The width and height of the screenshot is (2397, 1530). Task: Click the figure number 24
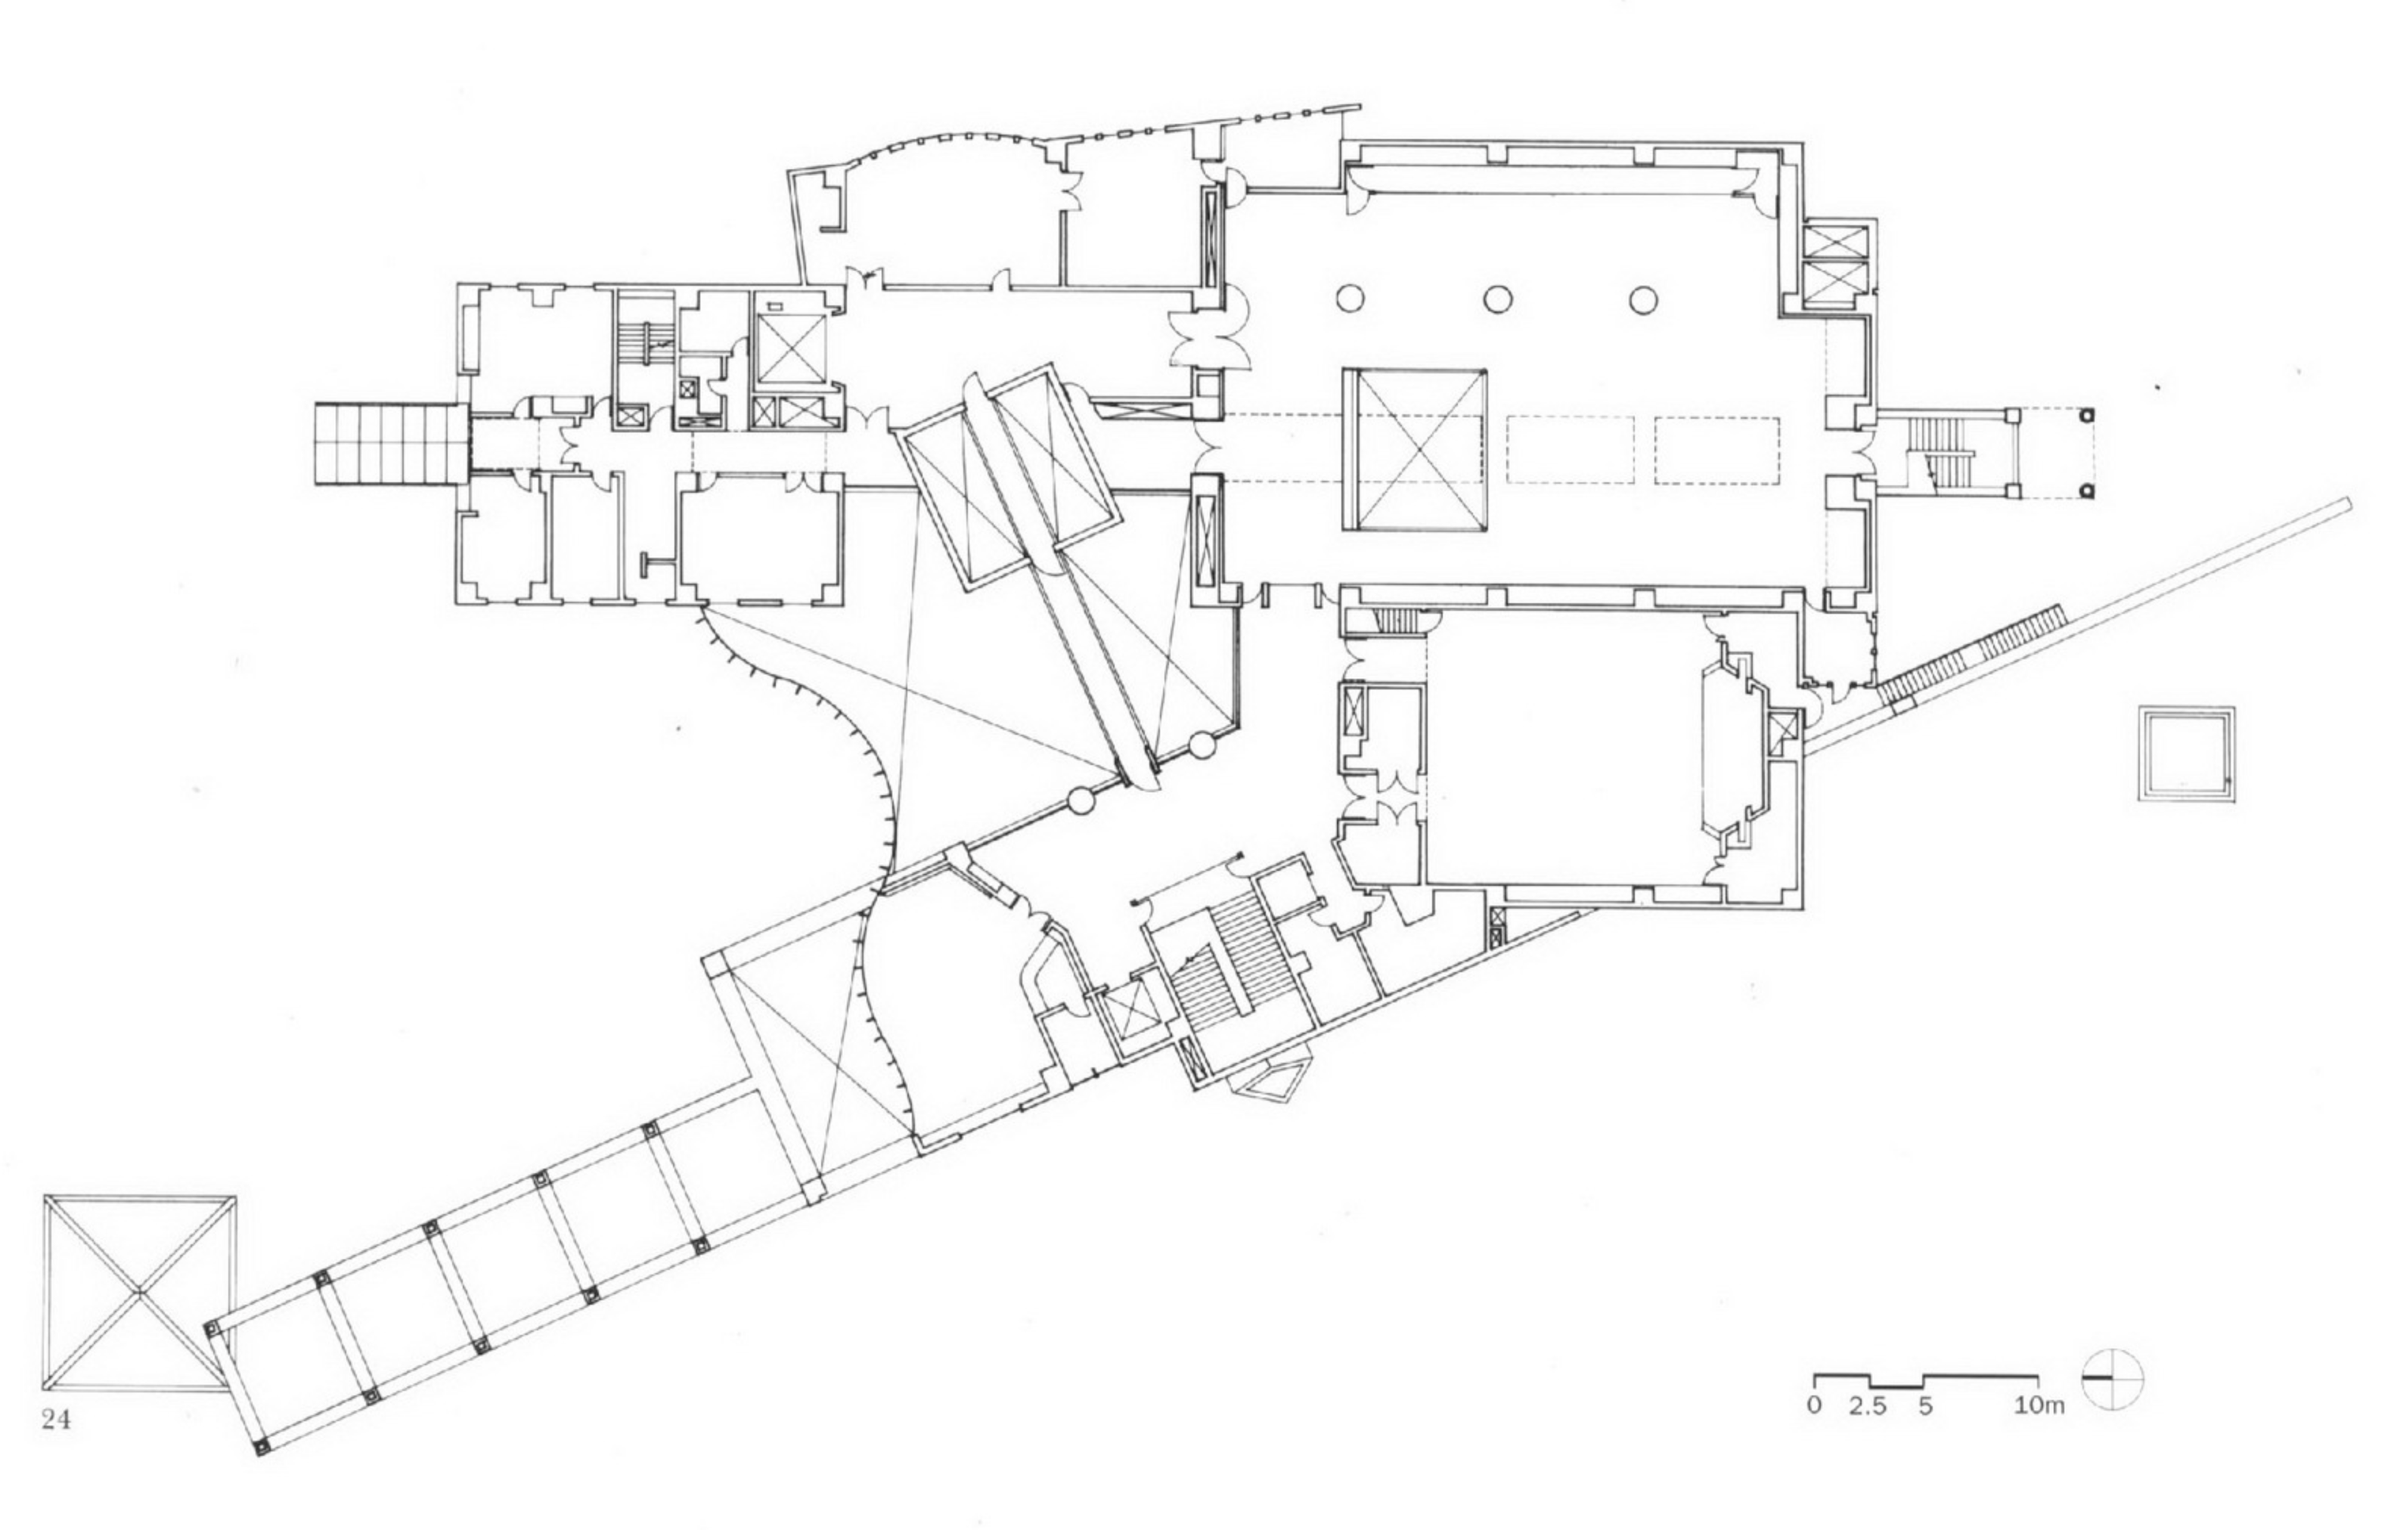57,1420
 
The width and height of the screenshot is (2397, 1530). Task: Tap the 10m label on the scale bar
2038,1405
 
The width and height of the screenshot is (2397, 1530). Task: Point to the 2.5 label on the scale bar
1868,1405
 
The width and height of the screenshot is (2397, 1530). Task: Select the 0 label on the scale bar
1815,1405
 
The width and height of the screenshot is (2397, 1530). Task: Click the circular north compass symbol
2112,1379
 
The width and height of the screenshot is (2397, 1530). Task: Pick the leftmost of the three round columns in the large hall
1350,299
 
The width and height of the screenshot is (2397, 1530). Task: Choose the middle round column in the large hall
1498,299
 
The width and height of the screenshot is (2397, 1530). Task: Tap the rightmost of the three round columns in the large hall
1643,299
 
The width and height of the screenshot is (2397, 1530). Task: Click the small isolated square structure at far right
2187,753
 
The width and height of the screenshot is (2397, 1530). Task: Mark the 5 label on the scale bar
1925,1405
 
